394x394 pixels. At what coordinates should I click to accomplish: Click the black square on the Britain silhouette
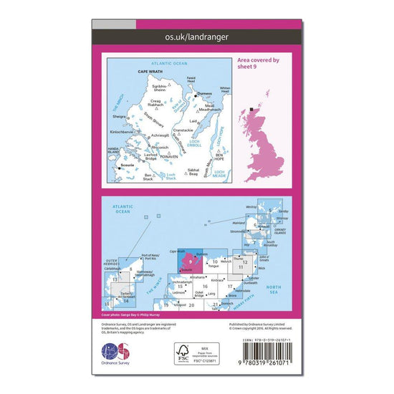[254, 110]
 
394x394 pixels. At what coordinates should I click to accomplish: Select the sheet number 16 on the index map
[205, 287]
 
